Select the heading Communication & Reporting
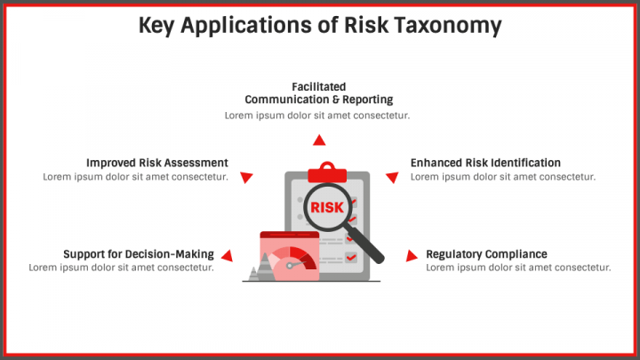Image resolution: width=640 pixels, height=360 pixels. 318,100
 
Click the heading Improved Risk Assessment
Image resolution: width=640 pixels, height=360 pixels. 156,163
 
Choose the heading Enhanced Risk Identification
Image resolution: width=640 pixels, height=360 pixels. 485,163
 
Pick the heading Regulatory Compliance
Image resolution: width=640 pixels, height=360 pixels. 486,254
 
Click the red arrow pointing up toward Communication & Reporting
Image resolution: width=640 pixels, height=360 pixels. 318,140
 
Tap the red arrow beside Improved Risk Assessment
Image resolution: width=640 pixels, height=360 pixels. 248,176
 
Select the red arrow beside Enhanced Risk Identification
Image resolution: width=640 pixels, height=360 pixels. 391,177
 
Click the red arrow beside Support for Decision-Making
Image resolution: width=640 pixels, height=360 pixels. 227,256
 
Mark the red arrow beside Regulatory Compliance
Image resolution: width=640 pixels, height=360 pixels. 411,256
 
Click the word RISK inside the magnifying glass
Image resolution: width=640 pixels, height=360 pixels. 326,208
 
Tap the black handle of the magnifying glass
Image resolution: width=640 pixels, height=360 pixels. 371,250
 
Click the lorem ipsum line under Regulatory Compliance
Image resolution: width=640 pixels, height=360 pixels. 518,268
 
